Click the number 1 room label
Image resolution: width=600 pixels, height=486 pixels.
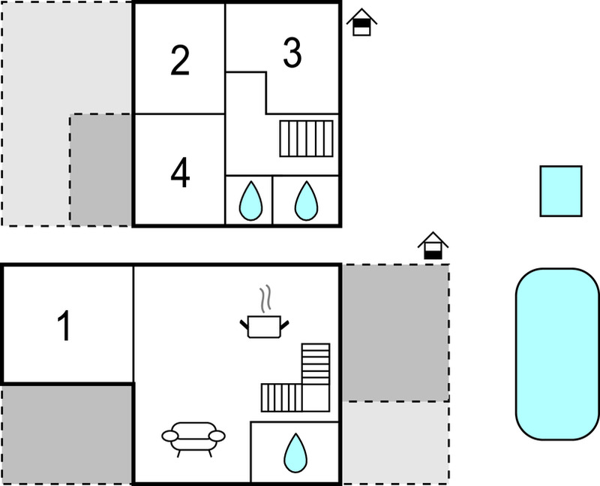64,325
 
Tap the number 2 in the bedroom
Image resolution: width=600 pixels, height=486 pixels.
180,60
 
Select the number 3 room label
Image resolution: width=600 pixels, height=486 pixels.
292,53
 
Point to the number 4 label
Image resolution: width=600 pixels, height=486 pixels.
180,173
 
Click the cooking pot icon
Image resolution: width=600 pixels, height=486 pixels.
265,326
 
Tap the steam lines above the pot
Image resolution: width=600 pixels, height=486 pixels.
265,298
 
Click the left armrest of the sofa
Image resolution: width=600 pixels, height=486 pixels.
170,436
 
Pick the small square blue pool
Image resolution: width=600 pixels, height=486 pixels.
561,192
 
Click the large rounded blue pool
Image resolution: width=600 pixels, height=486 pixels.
557,354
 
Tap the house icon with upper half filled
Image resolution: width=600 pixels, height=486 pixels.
361,23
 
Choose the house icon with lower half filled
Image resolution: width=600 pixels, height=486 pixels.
433,246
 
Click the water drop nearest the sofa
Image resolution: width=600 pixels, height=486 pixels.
295,453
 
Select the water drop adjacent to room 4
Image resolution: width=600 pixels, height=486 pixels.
251,201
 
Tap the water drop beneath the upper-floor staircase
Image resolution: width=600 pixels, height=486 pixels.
306,201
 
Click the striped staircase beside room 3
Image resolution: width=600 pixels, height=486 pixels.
306,139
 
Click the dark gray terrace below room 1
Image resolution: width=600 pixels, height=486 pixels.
67,435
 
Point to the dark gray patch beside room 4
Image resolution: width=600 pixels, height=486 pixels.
100,170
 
